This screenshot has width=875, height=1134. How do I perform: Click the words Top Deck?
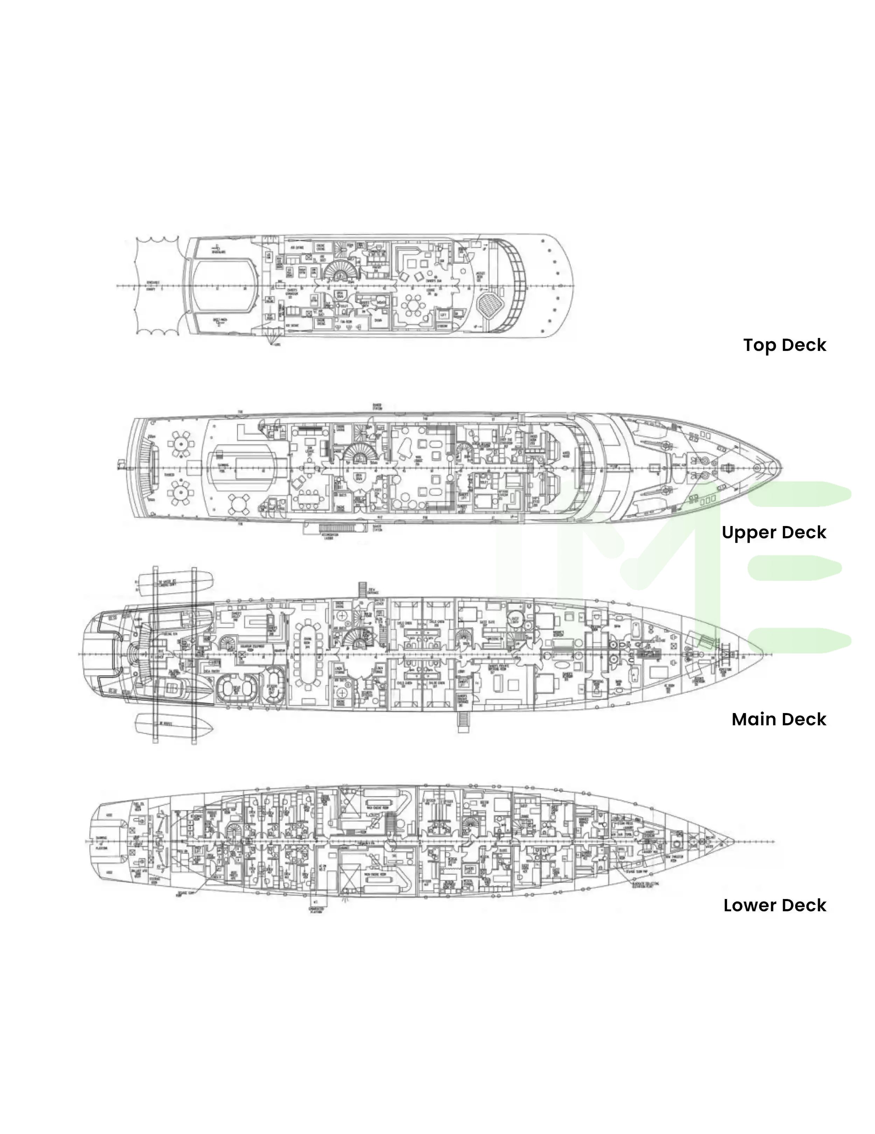(784, 345)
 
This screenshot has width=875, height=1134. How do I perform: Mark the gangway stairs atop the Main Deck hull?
(363, 590)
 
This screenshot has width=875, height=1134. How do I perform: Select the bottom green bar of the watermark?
(799, 640)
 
